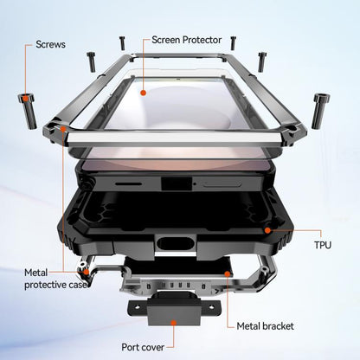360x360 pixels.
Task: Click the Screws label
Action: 50,44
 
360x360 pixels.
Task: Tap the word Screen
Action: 166,40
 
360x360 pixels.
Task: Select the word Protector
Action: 202,40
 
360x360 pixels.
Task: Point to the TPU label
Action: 323,245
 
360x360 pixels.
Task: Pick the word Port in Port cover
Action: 131,347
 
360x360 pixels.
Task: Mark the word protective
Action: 46,285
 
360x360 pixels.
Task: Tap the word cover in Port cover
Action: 153,347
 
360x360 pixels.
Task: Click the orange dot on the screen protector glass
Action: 143,93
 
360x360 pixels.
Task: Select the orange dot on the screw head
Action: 26,99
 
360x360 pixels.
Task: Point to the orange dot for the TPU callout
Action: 267,230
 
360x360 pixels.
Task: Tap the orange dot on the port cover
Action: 173,322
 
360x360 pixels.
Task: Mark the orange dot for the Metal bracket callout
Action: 228,273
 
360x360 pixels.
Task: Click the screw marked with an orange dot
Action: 28,111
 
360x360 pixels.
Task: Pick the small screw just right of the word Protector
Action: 233,42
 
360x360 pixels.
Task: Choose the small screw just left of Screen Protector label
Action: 123,43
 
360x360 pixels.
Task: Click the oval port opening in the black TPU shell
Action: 176,243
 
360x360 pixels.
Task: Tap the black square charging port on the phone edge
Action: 177,183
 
